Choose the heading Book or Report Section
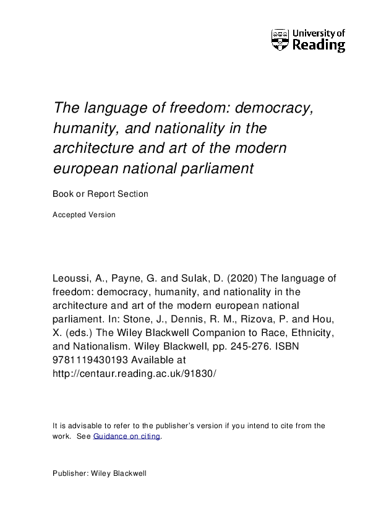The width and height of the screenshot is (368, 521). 101,194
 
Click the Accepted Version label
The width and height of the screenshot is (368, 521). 84,215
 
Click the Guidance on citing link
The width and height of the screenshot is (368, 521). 127,436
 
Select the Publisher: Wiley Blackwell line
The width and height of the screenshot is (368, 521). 100,473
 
